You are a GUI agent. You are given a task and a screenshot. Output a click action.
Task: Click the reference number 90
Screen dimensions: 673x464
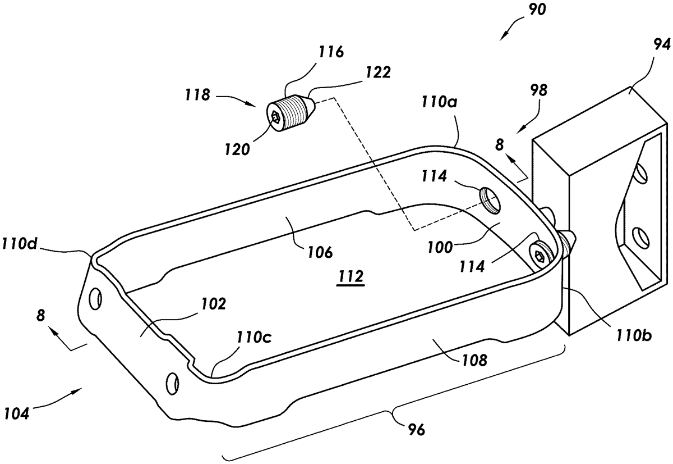537,10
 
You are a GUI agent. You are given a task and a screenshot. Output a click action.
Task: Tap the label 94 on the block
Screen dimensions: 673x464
662,46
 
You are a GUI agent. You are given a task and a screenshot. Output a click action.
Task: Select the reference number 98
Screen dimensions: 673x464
539,90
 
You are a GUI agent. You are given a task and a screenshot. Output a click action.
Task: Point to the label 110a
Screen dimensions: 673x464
439,102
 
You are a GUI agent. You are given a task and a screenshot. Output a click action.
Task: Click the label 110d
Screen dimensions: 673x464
19,243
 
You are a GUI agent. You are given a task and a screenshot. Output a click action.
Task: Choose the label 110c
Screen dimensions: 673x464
254,337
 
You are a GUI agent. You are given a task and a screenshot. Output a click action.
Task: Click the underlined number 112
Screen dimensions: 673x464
351,276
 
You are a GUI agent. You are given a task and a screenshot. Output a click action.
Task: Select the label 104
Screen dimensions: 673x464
17,413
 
